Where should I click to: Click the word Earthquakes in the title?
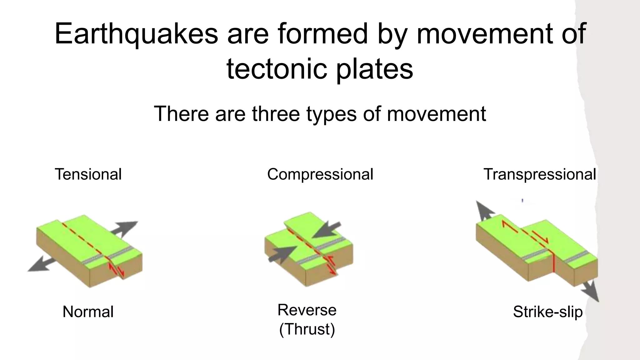(136, 34)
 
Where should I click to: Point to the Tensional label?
(88, 174)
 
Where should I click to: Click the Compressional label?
(320, 174)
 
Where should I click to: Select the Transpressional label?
(540, 174)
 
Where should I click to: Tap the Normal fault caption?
(88, 312)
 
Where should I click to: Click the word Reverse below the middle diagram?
(307, 310)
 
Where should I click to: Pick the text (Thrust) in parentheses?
(307, 329)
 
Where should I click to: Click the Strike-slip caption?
(548, 312)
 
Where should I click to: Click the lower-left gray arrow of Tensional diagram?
(41, 264)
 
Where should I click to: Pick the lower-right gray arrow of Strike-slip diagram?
(591, 291)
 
